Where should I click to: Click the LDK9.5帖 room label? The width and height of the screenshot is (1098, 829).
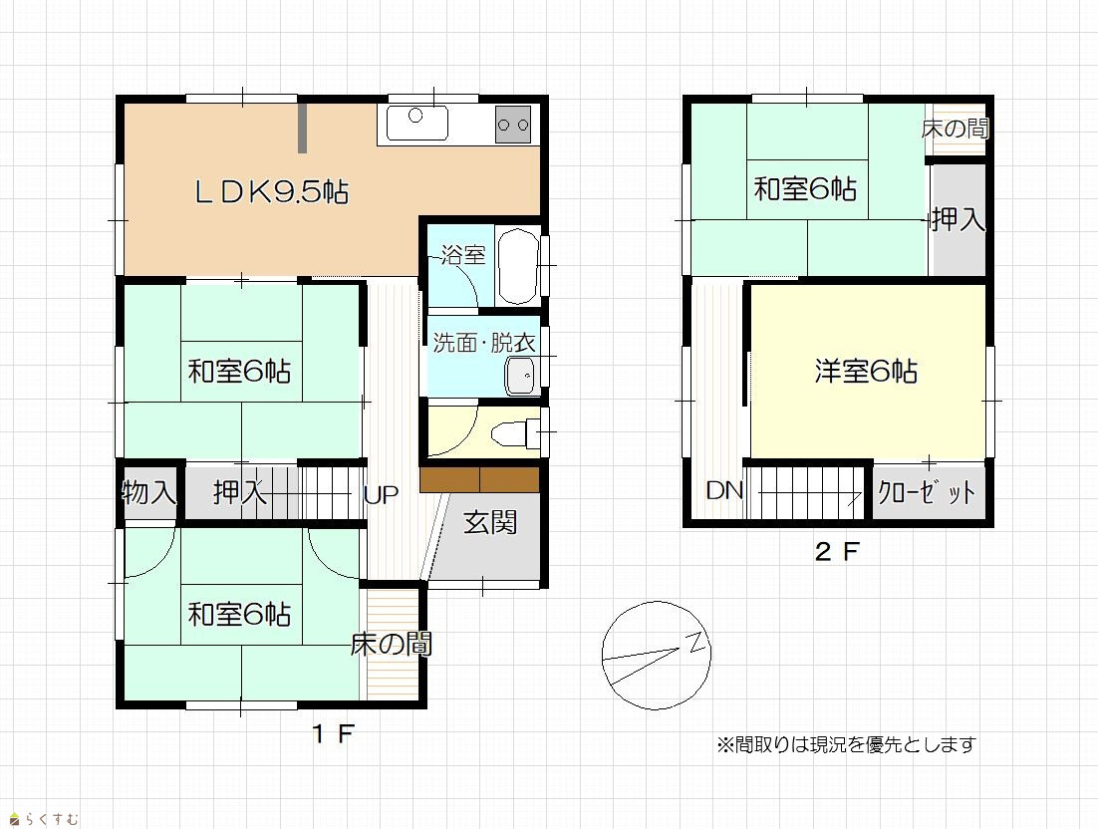click(272, 191)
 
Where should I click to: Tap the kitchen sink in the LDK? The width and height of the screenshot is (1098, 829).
click(417, 124)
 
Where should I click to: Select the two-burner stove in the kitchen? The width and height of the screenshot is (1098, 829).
click(513, 125)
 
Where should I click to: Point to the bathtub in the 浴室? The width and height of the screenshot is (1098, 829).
click(518, 266)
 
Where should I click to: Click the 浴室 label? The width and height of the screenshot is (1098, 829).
click(463, 255)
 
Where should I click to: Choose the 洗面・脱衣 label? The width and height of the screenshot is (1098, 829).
click(484, 343)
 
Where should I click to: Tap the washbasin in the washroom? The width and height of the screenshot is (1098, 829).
click(519, 378)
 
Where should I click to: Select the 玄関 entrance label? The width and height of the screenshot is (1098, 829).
click(490, 522)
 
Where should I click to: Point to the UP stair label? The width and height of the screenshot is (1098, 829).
click(382, 495)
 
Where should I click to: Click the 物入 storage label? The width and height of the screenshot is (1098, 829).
click(149, 492)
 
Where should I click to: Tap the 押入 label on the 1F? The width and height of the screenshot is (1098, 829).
click(240, 492)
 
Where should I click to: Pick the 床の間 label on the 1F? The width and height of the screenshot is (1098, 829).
click(392, 644)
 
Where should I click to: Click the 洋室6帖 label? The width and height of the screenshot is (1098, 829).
click(866, 371)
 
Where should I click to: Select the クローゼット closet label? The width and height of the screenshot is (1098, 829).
click(927, 493)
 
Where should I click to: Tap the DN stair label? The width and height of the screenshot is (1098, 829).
click(724, 491)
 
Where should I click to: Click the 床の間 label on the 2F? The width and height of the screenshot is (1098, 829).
click(956, 129)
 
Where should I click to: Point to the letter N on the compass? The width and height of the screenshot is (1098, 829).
click(697, 642)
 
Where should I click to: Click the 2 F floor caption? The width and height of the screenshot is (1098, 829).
click(837, 552)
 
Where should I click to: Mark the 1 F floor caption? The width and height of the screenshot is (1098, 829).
click(334, 734)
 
